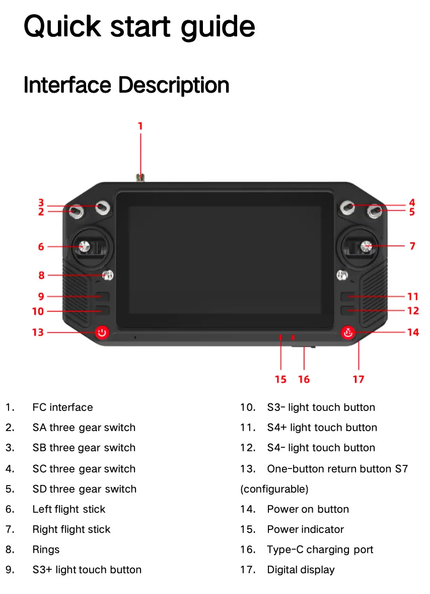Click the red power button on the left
pos(102,333)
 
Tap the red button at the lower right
pos(348,333)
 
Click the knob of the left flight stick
pos(84,247)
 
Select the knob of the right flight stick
pos(366,246)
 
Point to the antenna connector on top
pos(140,177)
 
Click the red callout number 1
pos(140,126)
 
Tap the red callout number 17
pos(359,379)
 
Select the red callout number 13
pos(38,332)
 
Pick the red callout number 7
pos(412,246)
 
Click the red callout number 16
pos(304,379)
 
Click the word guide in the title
pos(218,27)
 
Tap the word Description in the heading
pos(174,85)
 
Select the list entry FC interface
pos(63,407)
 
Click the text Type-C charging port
pos(320,550)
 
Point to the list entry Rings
pos(46,550)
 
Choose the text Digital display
pos(301,570)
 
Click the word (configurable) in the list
pos(274,489)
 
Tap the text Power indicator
pos(306,529)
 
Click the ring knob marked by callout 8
pos(108,275)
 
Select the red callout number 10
pos(38,312)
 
